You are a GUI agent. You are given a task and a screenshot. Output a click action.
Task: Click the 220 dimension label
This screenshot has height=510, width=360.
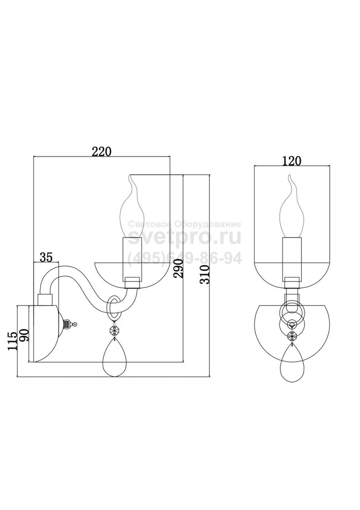(x=101, y=152)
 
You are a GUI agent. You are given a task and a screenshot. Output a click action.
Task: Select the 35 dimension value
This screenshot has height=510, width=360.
(x=46, y=257)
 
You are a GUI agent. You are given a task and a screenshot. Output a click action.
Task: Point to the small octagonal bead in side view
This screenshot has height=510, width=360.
(x=114, y=331)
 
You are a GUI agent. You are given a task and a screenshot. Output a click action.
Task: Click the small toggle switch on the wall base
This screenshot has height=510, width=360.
(x=69, y=324)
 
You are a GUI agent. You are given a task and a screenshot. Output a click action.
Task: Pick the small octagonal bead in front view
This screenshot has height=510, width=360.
(x=292, y=336)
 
